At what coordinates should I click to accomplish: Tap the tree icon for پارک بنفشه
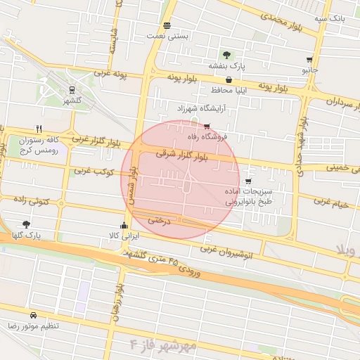pyautogui.click(x=226, y=55)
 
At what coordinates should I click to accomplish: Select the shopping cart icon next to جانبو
pyautogui.click(x=309, y=60)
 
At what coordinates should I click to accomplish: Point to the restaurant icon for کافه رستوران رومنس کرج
pyautogui.click(x=39, y=129)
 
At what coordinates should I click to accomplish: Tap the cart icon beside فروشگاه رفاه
pyautogui.click(x=207, y=127)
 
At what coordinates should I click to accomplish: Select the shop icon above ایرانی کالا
pyautogui.click(x=124, y=226)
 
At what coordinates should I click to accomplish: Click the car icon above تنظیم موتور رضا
pyautogui.click(x=33, y=316)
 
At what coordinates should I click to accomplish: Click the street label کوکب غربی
pyautogui.click(x=91, y=171)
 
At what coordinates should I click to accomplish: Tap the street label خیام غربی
pyautogui.click(x=331, y=203)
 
